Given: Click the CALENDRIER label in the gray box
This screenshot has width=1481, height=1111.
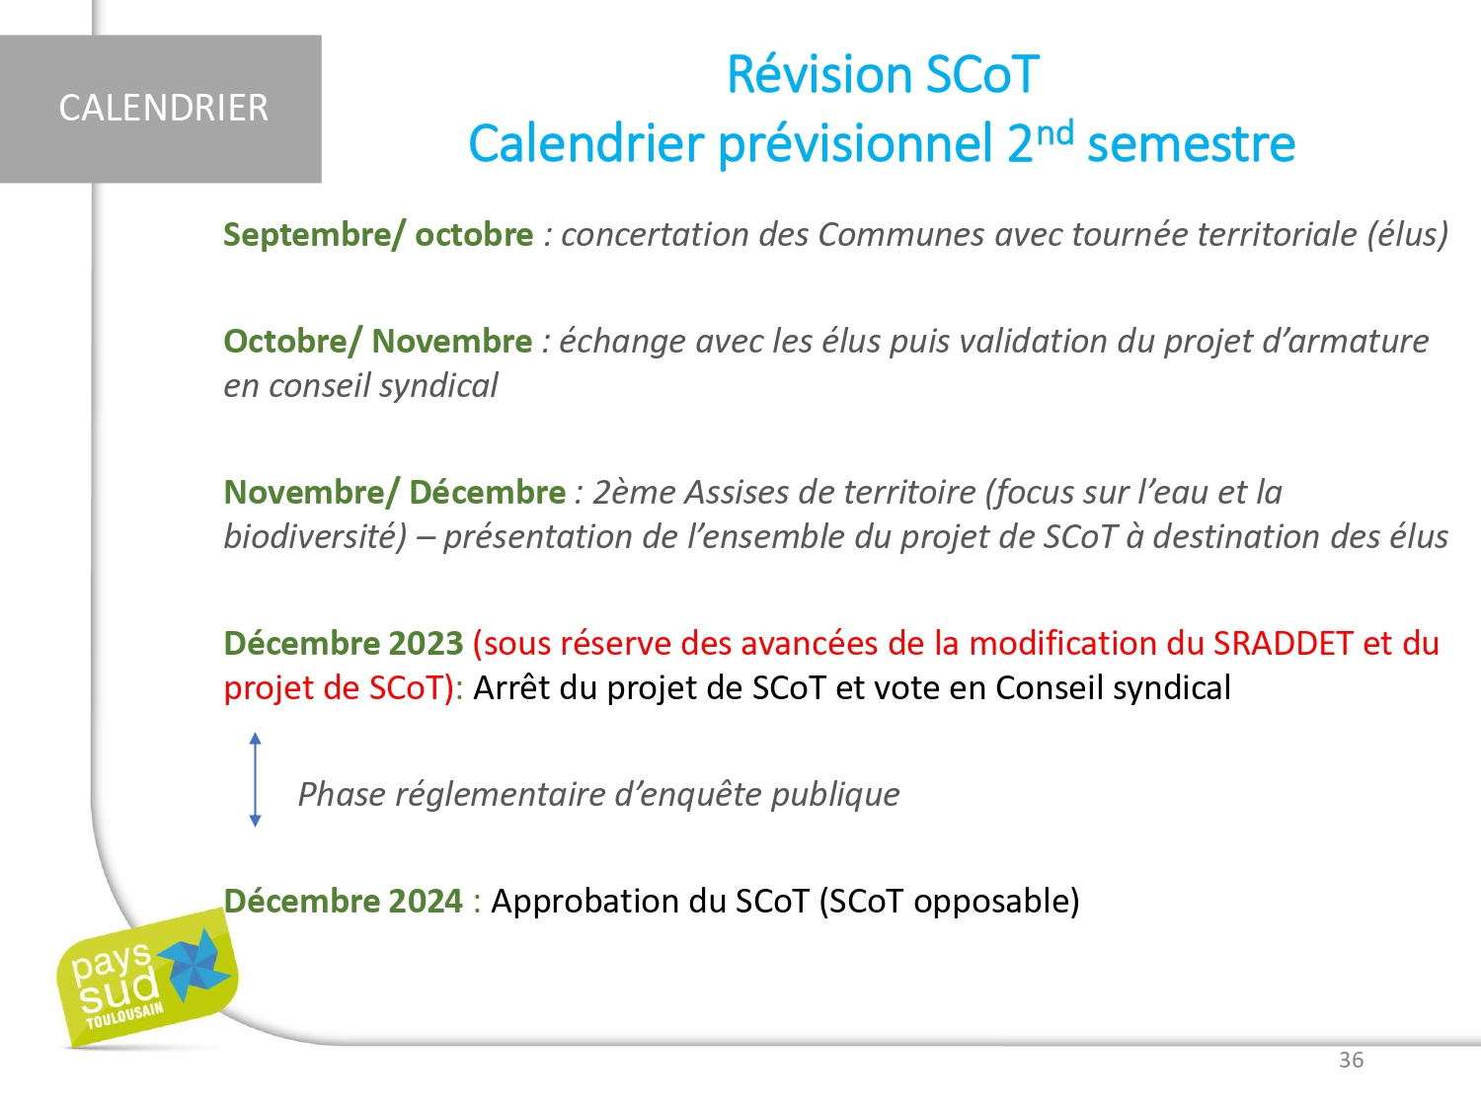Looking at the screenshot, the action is tap(163, 108).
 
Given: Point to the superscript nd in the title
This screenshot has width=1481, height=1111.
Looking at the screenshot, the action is tap(1053, 132).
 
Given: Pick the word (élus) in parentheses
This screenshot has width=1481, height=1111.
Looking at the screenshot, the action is tap(1408, 235).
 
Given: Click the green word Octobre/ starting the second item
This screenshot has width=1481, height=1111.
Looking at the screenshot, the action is tap(293, 342).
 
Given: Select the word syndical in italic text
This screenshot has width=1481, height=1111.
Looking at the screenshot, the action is tap(438, 386).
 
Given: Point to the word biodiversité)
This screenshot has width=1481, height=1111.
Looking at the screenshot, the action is tap(315, 537).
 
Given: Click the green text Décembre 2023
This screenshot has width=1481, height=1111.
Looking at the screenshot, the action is tap(344, 644).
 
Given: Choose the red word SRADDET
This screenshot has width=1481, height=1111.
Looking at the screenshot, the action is tap(1284, 644).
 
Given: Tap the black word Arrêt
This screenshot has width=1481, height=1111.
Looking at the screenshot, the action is tap(510, 688).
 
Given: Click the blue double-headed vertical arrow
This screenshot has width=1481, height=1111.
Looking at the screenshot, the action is tap(255, 780).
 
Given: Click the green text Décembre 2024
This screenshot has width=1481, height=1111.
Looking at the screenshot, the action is tap(343, 902).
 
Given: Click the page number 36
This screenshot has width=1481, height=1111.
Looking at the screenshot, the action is tap(1352, 1061).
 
